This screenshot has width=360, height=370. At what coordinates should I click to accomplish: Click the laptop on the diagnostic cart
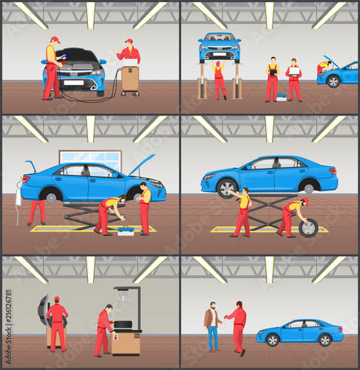tap(130, 63)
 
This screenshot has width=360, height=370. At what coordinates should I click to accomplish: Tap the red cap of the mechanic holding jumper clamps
tap(55, 39)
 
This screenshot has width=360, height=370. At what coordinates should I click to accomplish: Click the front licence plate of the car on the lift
tap(220, 54)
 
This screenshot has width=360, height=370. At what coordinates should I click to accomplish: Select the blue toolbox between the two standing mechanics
tap(282, 97)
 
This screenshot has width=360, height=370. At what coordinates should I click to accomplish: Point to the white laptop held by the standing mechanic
tap(294, 71)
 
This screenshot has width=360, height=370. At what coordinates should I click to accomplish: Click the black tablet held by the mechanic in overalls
tap(274, 73)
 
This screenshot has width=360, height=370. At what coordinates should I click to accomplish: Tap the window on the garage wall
tap(90, 161)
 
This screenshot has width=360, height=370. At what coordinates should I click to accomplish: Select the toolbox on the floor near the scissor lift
tap(126, 231)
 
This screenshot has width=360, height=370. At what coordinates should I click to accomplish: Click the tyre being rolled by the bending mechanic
tap(308, 228)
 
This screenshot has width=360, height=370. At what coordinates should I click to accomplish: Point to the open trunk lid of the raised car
tap(31, 166)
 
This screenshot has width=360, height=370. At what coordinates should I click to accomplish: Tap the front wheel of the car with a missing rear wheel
tap(227, 189)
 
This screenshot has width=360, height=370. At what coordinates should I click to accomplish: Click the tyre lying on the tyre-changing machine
tap(123, 324)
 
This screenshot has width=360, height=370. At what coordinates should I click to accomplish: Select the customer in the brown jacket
tap(211, 326)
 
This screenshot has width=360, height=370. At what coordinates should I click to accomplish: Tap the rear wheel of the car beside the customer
tap(325, 340)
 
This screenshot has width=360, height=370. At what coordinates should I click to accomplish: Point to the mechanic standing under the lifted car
tap(219, 79)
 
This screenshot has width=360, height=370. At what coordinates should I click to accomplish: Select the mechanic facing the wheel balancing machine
tap(57, 324)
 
